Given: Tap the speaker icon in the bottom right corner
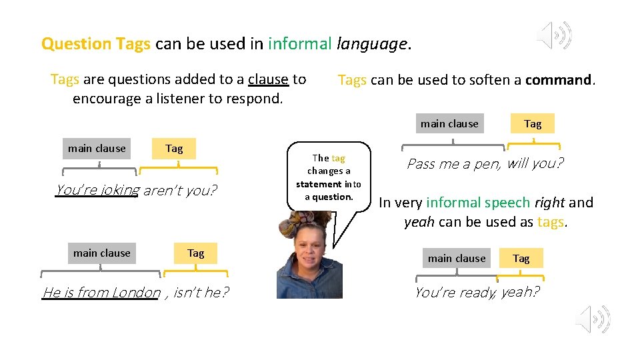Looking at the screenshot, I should pos(593,319).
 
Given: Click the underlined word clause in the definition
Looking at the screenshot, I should pos(268,79).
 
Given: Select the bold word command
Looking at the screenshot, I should pos(559,81).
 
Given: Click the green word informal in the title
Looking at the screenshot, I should pos(299,44).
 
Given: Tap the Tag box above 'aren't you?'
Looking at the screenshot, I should pos(174,148).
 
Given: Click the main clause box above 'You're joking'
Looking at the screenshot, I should pos(97,148).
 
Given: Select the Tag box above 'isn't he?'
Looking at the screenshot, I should pos(196,253).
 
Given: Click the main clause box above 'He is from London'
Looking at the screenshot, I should pos(102,253).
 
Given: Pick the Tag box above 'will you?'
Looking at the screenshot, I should pos(533,123).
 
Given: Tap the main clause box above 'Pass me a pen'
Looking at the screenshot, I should pos(449,123).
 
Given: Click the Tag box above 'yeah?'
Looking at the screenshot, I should pos(521,258).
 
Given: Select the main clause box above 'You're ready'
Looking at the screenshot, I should pos(457,258).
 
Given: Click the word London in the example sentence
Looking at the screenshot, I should pos(136,292).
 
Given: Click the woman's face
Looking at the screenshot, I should pos(309,254).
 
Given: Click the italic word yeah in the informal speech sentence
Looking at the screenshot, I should pos(419,221).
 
